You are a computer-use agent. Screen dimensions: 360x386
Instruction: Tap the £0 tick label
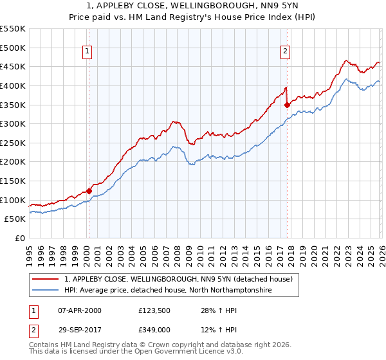(x=19, y=239)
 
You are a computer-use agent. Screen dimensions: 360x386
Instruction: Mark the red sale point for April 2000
(x=89, y=191)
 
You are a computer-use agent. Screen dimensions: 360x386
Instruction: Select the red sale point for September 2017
(x=288, y=105)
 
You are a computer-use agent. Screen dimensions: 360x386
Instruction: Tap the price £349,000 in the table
(x=156, y=330)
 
